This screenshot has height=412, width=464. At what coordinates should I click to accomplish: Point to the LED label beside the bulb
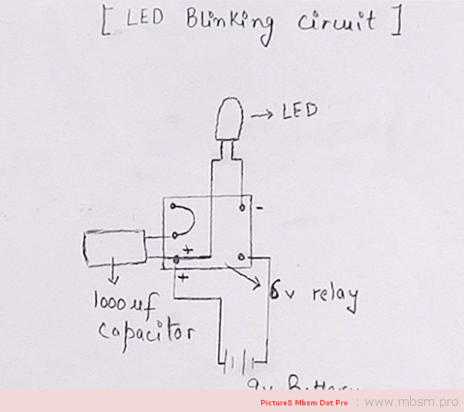299,111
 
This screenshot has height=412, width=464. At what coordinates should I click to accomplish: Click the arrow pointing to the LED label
263,114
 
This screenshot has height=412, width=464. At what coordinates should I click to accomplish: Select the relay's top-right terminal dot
242,205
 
